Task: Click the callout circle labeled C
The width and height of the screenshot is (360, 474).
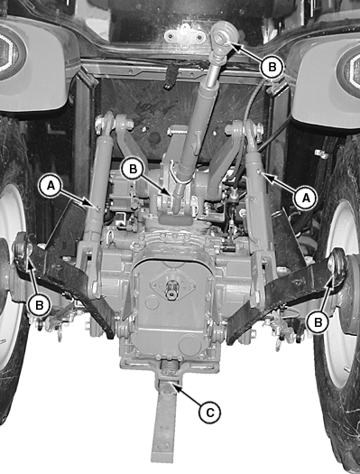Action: (210, 413)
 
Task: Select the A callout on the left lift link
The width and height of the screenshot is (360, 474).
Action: (51, 186)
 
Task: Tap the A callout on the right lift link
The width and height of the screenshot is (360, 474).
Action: (306, 198)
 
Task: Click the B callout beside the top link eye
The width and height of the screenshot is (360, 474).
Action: (272, 67)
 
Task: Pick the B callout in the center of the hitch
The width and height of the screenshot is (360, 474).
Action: (133, 169)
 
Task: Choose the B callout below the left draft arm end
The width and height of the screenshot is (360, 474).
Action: (40, 305)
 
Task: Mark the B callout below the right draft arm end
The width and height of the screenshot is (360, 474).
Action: (318, 322)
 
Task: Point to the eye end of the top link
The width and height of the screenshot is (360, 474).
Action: (224, 35)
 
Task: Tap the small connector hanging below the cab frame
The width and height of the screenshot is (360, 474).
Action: (170, 76)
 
